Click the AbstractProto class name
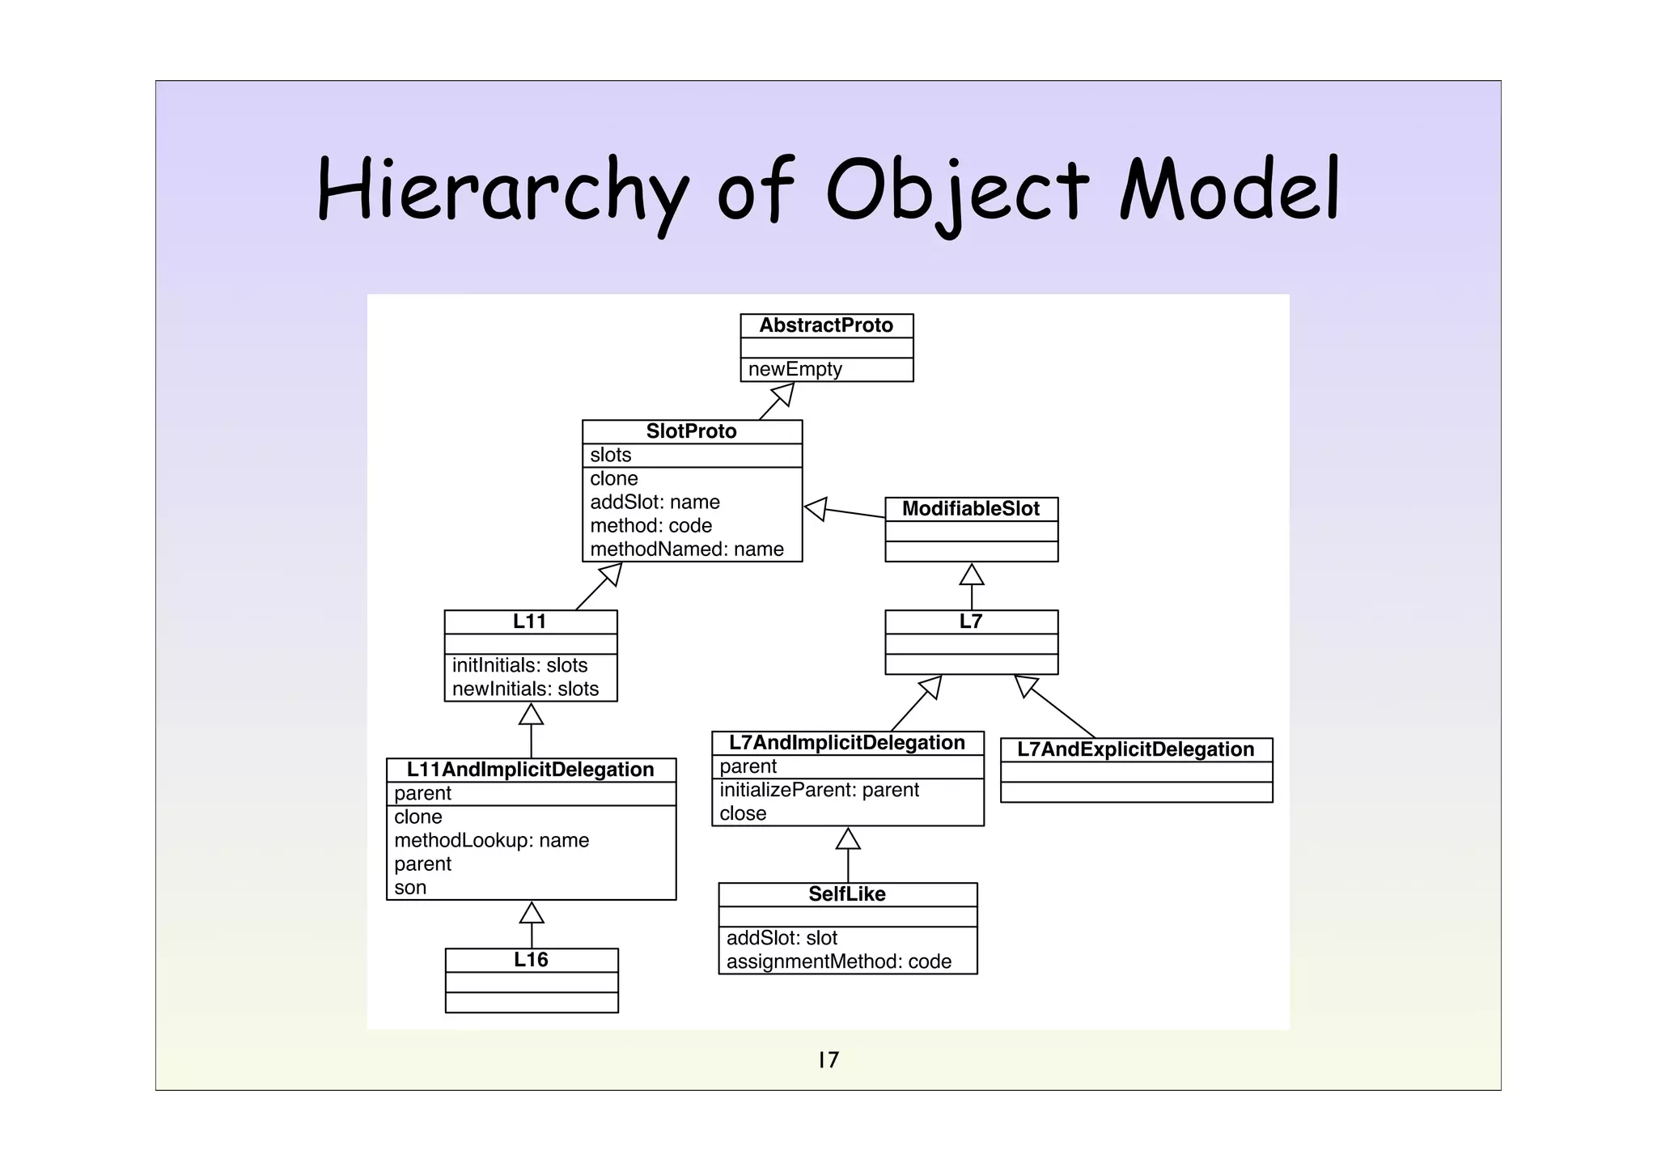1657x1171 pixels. [x=826, y=325]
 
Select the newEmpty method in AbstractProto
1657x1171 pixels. [x=795, y=369]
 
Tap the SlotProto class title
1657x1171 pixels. [x=691, y=431]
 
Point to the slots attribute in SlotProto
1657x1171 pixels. [x=611, y=455]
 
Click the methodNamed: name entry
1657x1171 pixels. [x=687, y=549]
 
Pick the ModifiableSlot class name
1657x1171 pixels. [x=971, y=509]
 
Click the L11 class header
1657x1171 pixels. [x=530, y=622]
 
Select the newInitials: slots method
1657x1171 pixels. [x=525, y=689]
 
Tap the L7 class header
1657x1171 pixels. [x=971, y=622]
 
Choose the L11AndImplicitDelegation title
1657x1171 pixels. [x=530, y=770]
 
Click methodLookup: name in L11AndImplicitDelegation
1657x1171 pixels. [x=491, y=840]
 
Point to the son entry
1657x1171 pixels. [x=410, y=887]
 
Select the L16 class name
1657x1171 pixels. [x=531, y=960]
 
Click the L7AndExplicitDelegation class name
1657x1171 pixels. [x=1135, y=749]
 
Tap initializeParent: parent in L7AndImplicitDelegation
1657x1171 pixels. [x=819, y=790]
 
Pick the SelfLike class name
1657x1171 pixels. [x=847, y=894]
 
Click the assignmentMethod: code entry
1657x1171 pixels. [x=838, y=961]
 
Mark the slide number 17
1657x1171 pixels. [x=828, y=1059]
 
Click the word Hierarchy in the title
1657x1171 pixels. [x=502, y=192]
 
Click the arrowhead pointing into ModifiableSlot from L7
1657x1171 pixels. [x=972, y=574]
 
